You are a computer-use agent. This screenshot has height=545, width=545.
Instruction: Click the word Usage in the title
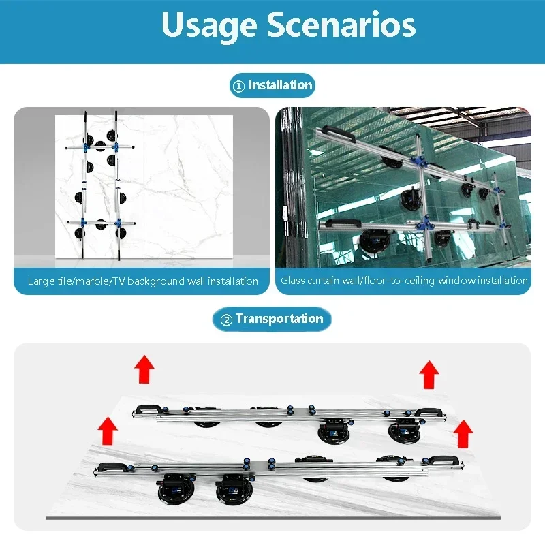pos(209,25)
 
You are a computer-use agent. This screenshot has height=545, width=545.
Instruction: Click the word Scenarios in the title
pos(341,24)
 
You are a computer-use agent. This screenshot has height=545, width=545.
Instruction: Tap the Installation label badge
pos(272,85)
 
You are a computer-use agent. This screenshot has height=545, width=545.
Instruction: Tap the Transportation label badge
pos(272,319)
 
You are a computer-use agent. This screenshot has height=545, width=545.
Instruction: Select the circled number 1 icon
pos(238,86)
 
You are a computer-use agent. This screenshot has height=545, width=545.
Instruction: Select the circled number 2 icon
pos(226,320)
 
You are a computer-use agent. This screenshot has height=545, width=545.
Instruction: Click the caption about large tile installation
pos(143,281)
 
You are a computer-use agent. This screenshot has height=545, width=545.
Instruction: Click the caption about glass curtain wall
pos(404,280)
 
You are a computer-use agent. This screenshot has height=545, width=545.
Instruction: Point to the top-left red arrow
pos(144,369)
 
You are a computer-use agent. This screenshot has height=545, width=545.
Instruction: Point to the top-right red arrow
pos(429,374)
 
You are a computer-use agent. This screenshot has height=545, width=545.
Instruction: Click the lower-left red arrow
pos(108,431)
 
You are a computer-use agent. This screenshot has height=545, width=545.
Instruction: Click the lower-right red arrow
pos(463,433)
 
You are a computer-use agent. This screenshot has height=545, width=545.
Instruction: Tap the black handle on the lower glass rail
pos(343,223)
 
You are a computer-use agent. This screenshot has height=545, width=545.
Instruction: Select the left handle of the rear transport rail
pos(149,408)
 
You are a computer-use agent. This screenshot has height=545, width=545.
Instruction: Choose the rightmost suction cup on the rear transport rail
pos(404,431)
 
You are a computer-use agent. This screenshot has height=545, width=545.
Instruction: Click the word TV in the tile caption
pos(119,281)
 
